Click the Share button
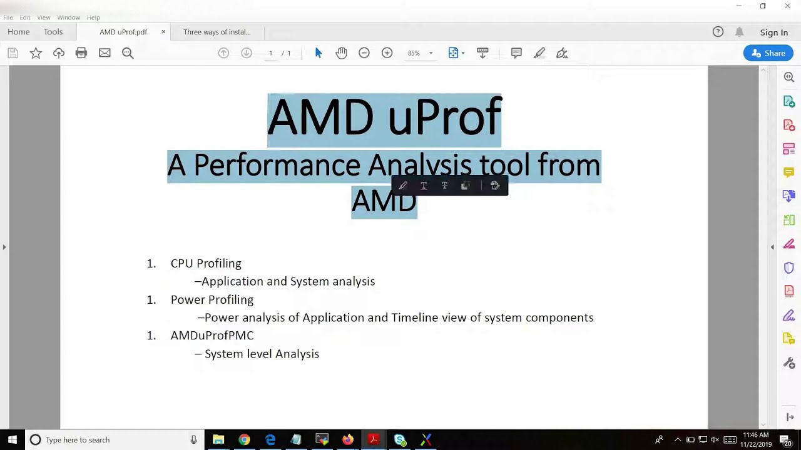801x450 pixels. pos(768,53)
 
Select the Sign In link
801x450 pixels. pos(773,32)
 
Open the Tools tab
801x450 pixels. pos(53,32)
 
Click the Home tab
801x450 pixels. pos(19,32)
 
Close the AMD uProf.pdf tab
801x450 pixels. pos(163,32)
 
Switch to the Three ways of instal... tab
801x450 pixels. pos(217,32)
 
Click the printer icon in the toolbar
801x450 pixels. pos(81,53)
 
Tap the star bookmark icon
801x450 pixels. pos(36,53)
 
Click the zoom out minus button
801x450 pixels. pos(364,53)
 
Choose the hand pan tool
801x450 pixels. pos(341,53)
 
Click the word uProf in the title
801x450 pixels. pos(444,117)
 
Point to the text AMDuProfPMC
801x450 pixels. pos(212,336)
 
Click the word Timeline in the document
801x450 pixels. pos(414,317)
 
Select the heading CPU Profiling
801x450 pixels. pos(206,264)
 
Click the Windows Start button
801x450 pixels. pos(12,439)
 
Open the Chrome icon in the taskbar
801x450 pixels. pos(244,439)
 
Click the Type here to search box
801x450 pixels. pos(113,439)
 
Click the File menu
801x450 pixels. pos(8,17)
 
